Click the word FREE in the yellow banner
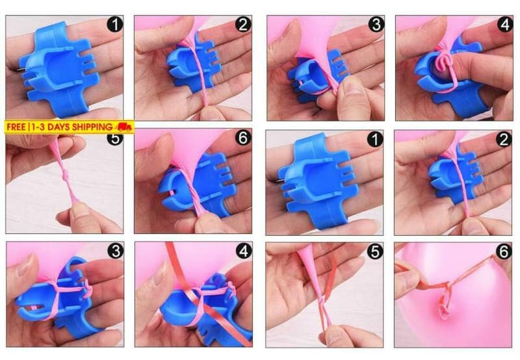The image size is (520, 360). click(x=16, y=127)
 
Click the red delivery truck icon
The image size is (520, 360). click(x=123, y=127)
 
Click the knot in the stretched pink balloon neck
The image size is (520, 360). click(x=66, y=174)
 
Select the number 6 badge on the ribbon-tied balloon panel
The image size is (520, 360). click(x=503, y=252)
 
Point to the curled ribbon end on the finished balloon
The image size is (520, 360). click(x=445, y=303)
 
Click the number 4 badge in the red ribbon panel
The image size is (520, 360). click(x=244, y=251)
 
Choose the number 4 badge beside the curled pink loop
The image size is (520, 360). click(x=505, y=24)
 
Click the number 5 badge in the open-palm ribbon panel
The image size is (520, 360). click(x=375, y=252)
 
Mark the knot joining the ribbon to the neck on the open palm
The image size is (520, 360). click(x=321, y=300)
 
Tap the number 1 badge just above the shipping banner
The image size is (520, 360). click(x=115, y=24)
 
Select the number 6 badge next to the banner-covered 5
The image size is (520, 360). click(x=243, y=137)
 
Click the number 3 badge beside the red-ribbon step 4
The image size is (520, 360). click(x=116, y=251)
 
